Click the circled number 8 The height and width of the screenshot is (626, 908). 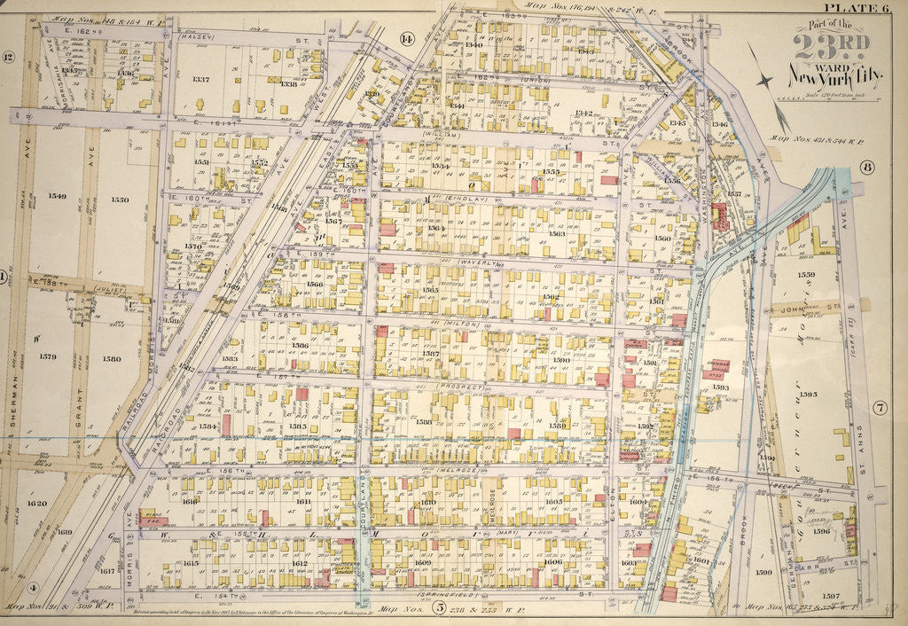click(866, 167)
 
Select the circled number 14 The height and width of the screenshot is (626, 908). click(407, 38)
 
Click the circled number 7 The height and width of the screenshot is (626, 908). click(880, 408)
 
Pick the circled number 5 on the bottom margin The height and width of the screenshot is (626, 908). click(439, 608)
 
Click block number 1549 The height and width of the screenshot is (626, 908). click(58, 197)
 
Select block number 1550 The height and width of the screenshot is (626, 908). click(121, 200)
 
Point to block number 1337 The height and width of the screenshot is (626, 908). click(200, 80)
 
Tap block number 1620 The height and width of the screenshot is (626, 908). click(37, 503)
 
